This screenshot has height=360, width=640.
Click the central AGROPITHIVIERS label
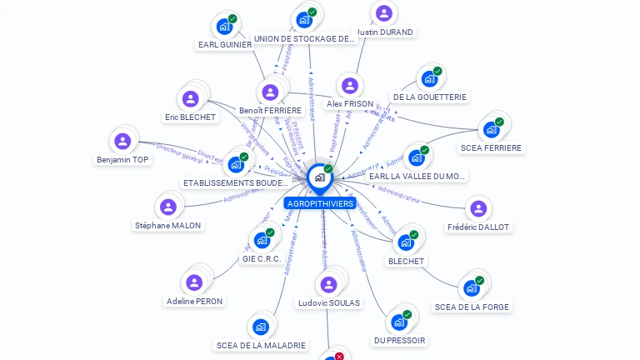(x=320, y=203)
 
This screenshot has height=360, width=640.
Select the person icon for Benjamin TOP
(x=122, y=142)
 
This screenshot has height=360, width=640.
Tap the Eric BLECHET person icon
(x=191, y=99)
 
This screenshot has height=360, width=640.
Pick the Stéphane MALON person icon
(x=168, y=207)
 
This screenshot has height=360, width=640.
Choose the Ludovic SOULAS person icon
(x=328, y=285)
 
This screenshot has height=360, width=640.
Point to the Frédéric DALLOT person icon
(x=477, y=208)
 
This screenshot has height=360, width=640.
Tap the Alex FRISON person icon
(x=350, y=86)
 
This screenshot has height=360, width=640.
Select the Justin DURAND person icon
(x=383, y=13)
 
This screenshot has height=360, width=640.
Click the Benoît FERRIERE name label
(x=270, y=110)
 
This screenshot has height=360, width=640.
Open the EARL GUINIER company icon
(x=224, y=26)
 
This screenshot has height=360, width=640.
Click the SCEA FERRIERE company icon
(x=491, y=130)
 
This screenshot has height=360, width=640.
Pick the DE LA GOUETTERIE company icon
(x=429, y=78)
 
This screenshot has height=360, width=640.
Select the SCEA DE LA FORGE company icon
(x=472, y=288)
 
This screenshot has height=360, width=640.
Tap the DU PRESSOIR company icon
(x=399, y=322)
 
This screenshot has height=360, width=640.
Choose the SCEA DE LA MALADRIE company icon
(x=261, y=327)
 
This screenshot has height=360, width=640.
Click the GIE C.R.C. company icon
(x=262, y=240)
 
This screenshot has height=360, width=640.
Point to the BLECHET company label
(x=407, y=261)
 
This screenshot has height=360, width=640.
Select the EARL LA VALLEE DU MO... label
(x=417, y=176)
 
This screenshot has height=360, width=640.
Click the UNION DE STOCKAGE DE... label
(x=305, y=38)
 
